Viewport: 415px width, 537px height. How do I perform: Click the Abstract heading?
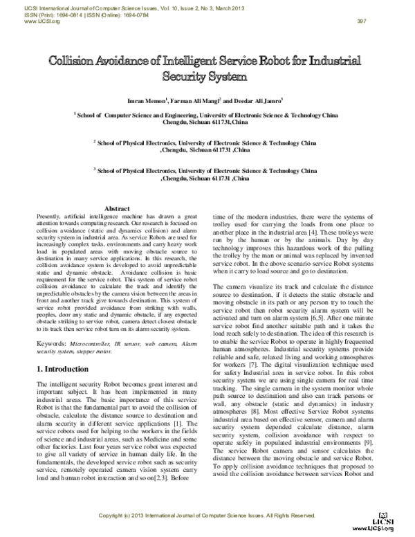[116, 208]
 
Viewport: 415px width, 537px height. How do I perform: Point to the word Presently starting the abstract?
[50, 217]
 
